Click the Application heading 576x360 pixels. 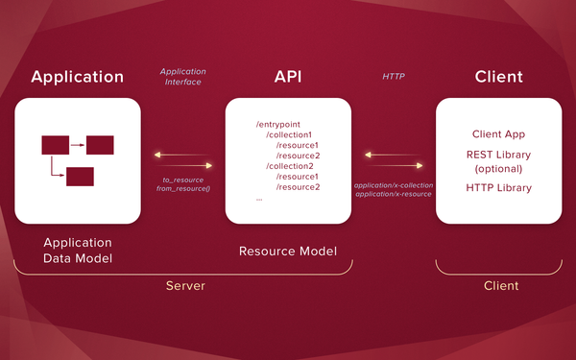coord(78,77)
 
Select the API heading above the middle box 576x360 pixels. coord(287,77)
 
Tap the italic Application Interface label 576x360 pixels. coord(181,77)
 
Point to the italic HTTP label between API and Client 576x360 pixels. coord(394,76)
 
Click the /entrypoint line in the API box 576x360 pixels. coord(278,125)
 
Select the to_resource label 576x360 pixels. coord(182,180)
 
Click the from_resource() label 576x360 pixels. coord(182,189)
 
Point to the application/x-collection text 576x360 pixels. coord(394,183)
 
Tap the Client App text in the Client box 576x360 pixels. coord(498,134)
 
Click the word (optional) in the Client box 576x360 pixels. coord(498,168)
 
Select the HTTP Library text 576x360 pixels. coord(498,187)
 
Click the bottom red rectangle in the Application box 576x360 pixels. coord(80,177)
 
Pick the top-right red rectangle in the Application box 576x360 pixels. coord(100,145)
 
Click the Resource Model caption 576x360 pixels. coord(287,252)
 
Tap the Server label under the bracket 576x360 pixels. coord(185,286)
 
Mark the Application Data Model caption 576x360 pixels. coord(77,251)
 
